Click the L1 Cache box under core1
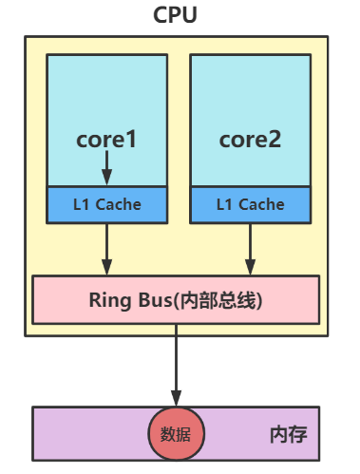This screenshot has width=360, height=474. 106,203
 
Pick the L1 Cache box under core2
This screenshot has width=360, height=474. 250,203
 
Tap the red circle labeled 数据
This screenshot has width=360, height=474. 176,434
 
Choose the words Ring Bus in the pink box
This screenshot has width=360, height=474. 123,300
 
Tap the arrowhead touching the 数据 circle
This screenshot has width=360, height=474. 176,399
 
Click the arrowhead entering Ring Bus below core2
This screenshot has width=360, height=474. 250,267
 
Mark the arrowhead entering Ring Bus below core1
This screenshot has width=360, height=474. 106,267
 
